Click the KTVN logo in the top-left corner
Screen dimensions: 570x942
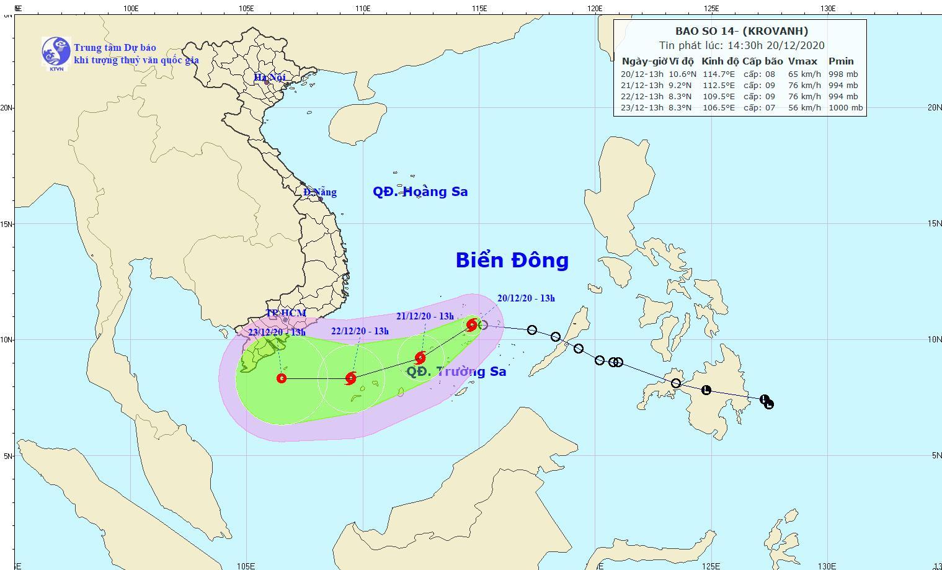[x=56, y=51]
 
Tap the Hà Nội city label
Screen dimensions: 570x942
[x=270, y=78]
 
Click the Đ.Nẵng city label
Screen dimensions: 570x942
[x=320, y=192]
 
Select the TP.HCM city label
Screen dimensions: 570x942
[x=286, y=313]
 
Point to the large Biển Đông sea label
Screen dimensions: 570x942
[x=512, y=261]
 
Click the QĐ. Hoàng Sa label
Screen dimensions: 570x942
[x=420, y=192]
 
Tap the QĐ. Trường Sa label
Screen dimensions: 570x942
[x=456, y=372]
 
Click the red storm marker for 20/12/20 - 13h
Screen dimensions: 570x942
[x=472, y=324]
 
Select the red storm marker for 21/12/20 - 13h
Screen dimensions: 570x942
[x=420, y=357]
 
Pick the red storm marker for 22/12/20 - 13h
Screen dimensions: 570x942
[x=351, y=378]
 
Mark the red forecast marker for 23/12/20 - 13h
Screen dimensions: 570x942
[x=282, y=378]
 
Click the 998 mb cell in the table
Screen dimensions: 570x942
[x=843, y=74]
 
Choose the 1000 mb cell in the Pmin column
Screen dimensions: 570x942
[x=845, y=107]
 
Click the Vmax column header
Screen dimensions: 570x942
[x=802, y=61]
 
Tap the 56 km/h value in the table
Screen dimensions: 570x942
[x=804, y=107]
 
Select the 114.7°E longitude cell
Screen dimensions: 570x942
[x=718, y=74]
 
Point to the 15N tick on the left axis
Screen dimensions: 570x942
[x=6, y=224]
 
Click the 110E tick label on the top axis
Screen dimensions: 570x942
[x=363, y=9]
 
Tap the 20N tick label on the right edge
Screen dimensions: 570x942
[x=934, y=107]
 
